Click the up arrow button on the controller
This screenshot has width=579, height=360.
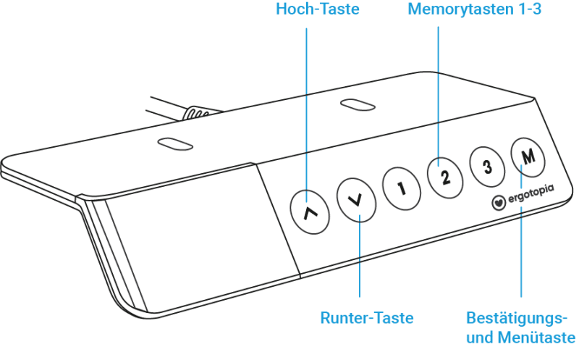pyautogui.click(x=310, y=212)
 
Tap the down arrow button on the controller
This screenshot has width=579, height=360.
pyautogui.click(x=356, y=200)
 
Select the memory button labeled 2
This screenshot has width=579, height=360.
pyautogui.click(x=445, y=177)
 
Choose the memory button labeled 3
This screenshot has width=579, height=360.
pyautogui.click(x=487, y=166)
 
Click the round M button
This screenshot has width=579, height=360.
pyautogui.click(x=528, y=156)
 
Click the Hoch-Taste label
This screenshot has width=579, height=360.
pyautogui.click(x=318, y=9)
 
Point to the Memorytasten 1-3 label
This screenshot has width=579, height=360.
pyautogui.click(x=475, y=9)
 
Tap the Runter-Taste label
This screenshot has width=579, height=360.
pyautogui.click(x=367, y=318)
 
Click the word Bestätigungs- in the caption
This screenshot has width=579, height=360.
pyautogui.click(x=517, y=318)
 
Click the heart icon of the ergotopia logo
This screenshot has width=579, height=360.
pyautogui.click(x=499, y=203)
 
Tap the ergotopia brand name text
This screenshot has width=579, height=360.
pyautogui.click(x=531, y=194)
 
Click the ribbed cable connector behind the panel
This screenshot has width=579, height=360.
pyautogui.click(x=198, y=113)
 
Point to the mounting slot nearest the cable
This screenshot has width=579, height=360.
pyautogui.click(x=175, y=143)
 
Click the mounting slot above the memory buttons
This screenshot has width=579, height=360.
pyautogui.click(x=358, y=104)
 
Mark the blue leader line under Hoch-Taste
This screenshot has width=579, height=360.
pyautogui.click(x=306, y=115)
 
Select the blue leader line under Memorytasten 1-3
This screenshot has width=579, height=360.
pyautogui.click(x=439, y=96)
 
